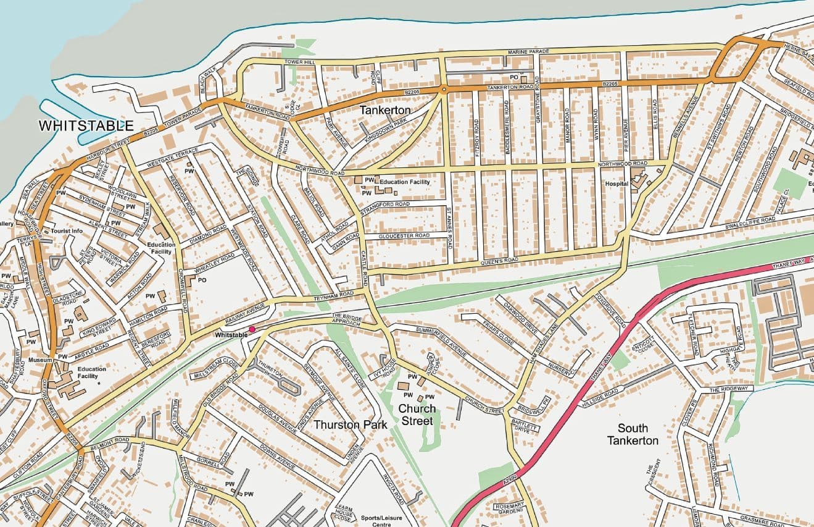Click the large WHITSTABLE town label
point(86,125)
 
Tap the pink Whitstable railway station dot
point(252,329)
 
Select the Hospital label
point(617,184)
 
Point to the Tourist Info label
point(67,231)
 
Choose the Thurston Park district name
point(351,424)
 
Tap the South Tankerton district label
point(633,434)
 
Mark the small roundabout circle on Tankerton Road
point(443,90)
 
